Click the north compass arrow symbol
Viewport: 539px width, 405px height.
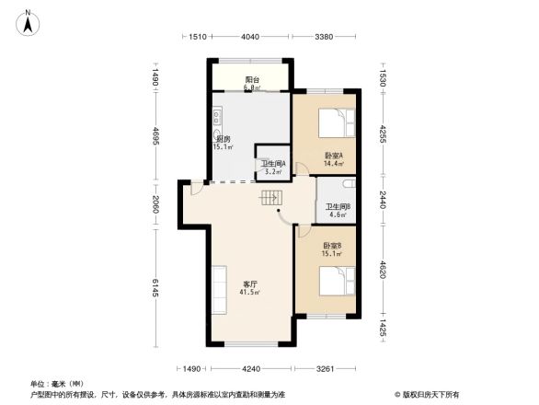(28, 20)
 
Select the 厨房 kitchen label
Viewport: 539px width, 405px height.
(224, 139)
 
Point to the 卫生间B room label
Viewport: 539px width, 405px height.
(338, 206)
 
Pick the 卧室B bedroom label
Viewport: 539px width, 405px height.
(332, 246)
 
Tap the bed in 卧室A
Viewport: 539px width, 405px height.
(333, 122)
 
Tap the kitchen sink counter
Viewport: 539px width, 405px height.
(218, 119)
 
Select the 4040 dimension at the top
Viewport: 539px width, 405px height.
(249, 38)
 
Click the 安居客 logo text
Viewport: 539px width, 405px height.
(429, 393)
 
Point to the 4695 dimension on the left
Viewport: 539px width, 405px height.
(155, 140)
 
